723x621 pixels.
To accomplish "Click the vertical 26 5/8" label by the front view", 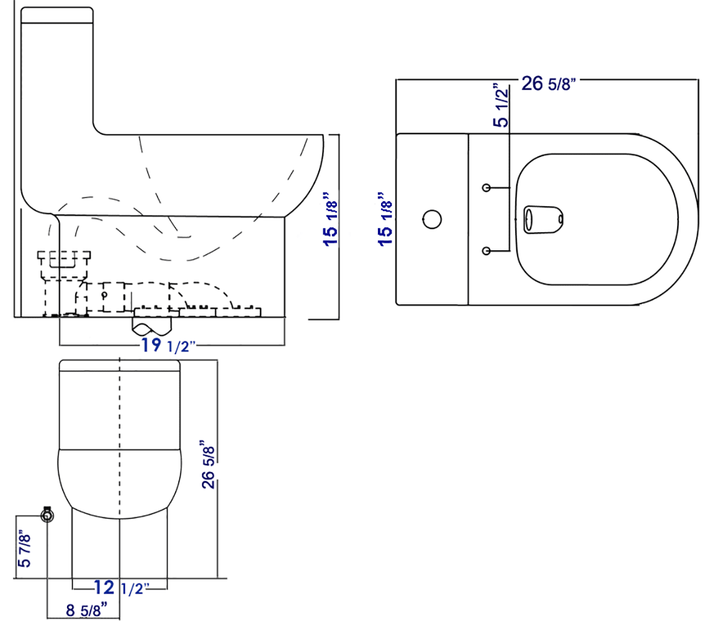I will click(209, 465).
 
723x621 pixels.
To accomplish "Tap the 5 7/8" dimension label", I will click(24, 548).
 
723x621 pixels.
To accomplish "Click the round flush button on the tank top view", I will click(431, 219).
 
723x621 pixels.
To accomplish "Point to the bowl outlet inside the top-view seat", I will click(542, 219).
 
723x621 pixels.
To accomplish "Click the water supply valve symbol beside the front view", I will click(47, 515).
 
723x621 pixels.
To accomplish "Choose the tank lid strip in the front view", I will click(119, 365).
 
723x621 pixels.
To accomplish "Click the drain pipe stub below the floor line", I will click(152, 327).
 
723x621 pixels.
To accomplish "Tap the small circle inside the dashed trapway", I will click(104, 294).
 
